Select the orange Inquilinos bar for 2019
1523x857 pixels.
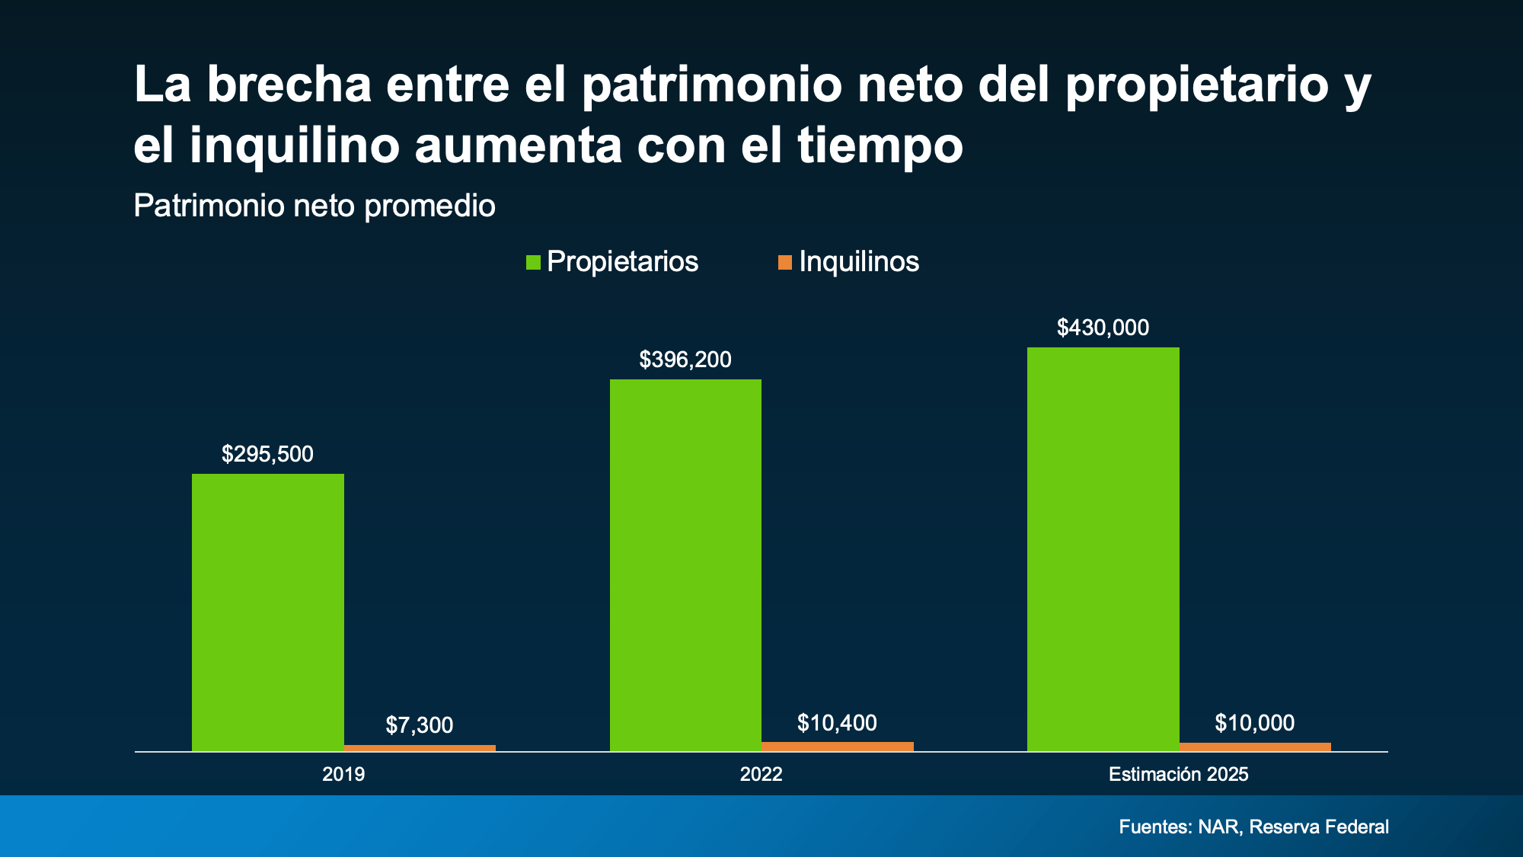click(420, 748)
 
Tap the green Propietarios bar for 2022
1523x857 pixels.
click(685, 564)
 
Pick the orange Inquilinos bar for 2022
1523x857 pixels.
click(837, 747)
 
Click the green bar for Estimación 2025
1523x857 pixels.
click(1103, 548)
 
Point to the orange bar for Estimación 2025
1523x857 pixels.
click(1255, 747)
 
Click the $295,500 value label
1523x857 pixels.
click(267, 454)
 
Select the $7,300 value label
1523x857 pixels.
click(420, 725)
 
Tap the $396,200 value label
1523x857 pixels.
click(685, 360)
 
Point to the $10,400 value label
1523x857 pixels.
click(837, 723)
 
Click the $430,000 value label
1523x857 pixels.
click(1103, 328)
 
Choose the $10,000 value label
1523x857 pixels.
click(1254, 723)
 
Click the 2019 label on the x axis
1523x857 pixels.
click(343, 775)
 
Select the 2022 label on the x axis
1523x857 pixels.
click(761, 775)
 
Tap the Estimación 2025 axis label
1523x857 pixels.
click(1178, 775)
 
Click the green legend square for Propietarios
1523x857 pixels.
click(533, 263)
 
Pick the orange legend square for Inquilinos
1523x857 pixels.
click(784, 263)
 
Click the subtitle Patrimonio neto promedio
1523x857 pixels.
click(314, 206)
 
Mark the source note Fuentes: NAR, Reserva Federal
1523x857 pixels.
click(1253, 827)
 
